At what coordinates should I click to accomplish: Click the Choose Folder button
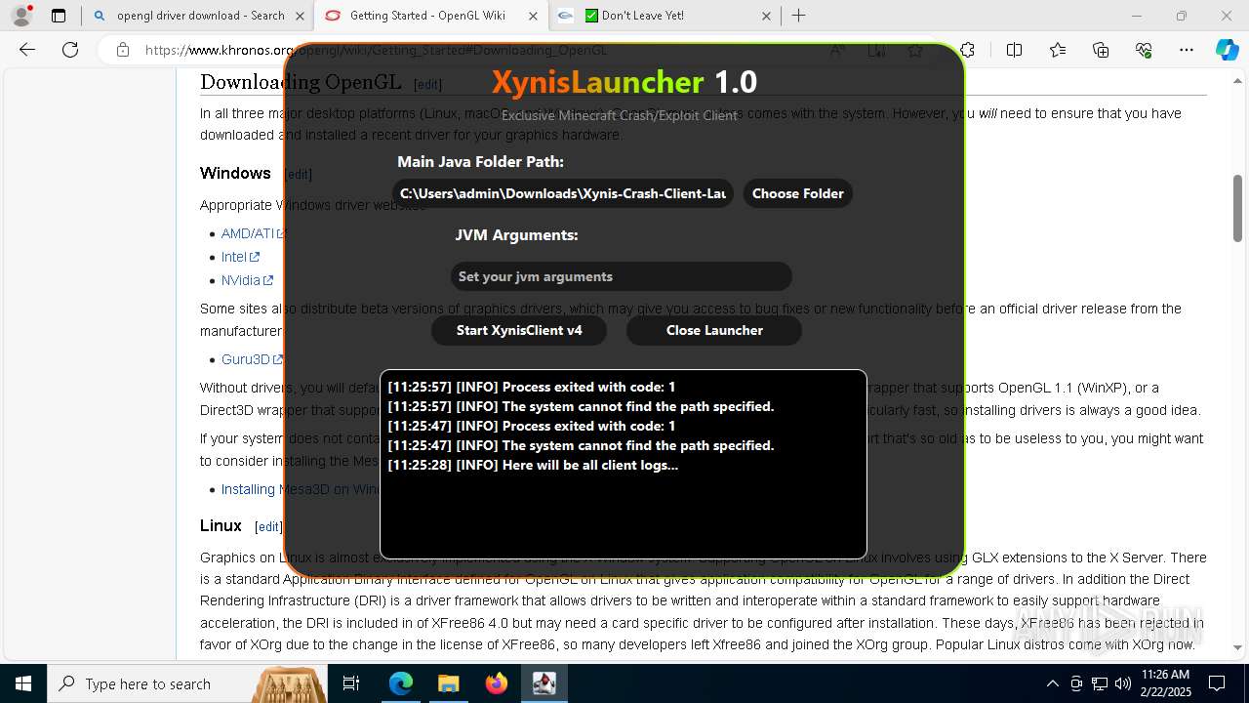coord(797,193)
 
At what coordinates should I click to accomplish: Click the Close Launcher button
coord(714,330)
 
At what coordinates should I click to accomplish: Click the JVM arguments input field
coord(621,276)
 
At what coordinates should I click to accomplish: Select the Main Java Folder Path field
coord(563,193)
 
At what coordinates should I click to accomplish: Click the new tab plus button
coord(799,16)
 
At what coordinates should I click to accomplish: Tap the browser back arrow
coord(27,50)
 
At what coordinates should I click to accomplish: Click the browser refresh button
coord(70,50)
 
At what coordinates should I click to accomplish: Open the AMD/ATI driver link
coord(248,233)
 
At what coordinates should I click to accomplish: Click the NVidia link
coord(241,280)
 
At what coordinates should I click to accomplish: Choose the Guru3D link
coord(246,359)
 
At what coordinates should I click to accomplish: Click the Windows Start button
coord(23,683)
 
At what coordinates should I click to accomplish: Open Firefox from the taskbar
coord(497,683)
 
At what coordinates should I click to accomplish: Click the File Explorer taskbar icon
coord(449,683)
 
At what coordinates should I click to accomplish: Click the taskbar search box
coord(146,683)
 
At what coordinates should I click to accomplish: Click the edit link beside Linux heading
coord(268,527)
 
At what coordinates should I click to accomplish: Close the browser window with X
coord(1227,16)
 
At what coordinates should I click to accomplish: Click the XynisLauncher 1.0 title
coord(624,82)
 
